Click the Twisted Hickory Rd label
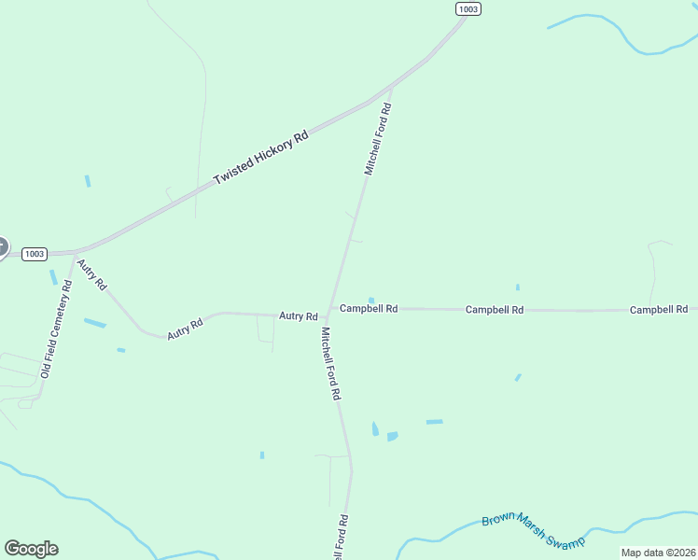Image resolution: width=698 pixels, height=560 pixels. (260, 157)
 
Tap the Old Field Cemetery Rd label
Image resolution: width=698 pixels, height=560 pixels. (56, 330)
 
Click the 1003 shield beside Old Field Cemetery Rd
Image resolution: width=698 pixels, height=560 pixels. (35, 254)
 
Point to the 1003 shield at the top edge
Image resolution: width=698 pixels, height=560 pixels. (468, 8)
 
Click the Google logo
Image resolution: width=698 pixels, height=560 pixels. (31, 549)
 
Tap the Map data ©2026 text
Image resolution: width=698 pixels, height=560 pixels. (658, 553)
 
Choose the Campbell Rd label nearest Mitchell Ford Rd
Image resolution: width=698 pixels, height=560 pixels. (369, 308)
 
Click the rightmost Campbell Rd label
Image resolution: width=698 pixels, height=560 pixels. (658, 309)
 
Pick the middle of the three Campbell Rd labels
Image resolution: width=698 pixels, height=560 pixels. (495, 309)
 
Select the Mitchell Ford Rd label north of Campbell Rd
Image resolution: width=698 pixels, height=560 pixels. (377, 139)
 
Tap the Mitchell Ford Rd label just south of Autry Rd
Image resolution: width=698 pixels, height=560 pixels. (330, 364)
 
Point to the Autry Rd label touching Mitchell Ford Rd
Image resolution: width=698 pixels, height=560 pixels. (299, 316)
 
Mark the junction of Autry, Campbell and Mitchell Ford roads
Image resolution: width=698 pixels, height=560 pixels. (328, 311)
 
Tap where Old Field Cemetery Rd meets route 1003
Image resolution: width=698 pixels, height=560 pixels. (75, 252)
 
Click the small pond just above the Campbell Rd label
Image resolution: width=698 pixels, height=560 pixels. (371, 300)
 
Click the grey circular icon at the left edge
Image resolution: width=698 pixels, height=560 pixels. (3, 247)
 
